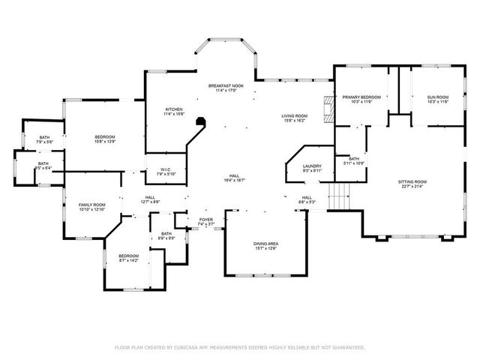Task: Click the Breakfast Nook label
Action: pos(226,87)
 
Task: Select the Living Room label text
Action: pos(292,116)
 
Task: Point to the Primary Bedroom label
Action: pos(361,98)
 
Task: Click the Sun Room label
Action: pos(437,98)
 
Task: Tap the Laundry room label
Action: pos(312,167)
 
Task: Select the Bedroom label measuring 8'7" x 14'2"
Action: pos(129,258)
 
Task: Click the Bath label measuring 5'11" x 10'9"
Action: pos(353,160)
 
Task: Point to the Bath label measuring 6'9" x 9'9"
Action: pos(166,235)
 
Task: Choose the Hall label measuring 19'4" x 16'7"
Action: pos(235,178)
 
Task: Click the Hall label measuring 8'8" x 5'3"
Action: pos(307,199)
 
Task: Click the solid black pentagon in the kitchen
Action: pos(199,121)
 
